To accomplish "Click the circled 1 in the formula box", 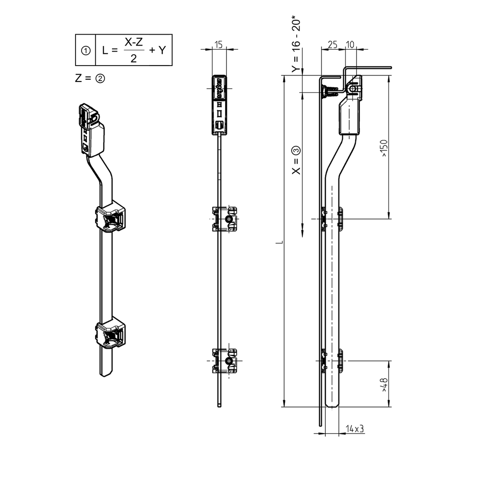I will pos(86,50).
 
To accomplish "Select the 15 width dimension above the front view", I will pos(218,44).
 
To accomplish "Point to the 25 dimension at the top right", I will pos(332,44).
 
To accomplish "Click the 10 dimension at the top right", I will pos(350,44).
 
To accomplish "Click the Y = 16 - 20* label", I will pos(295,45).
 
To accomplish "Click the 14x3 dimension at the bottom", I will pos(355,428).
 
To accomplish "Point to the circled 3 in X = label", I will pos(295,151).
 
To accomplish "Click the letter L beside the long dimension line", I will pos(279,242).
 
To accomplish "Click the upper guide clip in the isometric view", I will pos(112,217).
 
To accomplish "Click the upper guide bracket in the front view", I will pos(224,219).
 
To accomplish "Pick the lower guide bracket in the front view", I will pos(224,360).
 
